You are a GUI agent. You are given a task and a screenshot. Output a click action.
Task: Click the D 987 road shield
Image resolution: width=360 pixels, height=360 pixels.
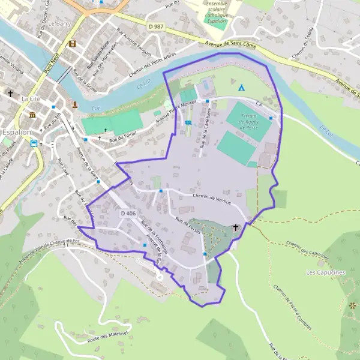pyautogui.click(x=155, y=26)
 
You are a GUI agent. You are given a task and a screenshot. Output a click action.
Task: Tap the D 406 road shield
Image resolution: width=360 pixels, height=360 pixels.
pyautogui.click(x=127, y=213)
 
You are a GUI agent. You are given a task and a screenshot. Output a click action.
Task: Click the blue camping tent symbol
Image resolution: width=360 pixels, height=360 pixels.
pyautogui.click(x=241, y=88)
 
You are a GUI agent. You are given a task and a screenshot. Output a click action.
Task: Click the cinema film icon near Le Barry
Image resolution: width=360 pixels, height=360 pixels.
pyautogui.click(x=73, y=43)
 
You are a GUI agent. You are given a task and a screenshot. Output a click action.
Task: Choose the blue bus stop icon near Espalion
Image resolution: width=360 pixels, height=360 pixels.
pyautogui.click(x=34, y=143)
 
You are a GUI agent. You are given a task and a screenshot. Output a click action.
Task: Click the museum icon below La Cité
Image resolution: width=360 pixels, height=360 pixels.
pyautogui.click(x=32, y=115)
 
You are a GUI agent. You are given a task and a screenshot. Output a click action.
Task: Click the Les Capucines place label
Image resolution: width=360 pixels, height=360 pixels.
pyautogui.click(x=326, y=272)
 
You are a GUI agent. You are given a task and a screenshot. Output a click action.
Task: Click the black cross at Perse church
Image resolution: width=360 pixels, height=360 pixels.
pyautogui.click(x=236, y=228)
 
